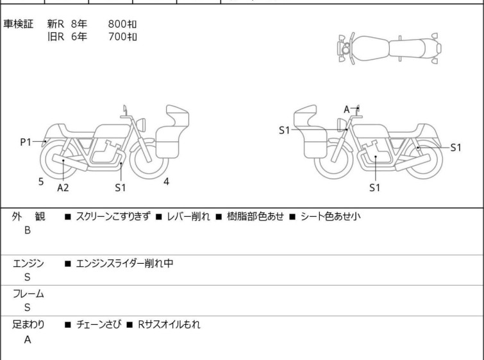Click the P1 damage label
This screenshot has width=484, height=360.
pyautogui.click(x=26, y=142)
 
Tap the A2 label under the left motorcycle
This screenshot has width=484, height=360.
pyautogui.click(x=63, y=187)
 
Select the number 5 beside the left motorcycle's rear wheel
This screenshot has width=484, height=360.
pyautogui.click(x=41, y=182)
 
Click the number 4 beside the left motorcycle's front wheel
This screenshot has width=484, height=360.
pyautogui.click(x=167, y=182)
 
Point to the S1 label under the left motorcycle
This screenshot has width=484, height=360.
pyautogui.click(x=121, y=187)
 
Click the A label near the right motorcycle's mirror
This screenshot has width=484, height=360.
pyautogui.click(x=347, y=109)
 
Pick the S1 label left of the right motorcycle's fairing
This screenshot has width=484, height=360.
pyautogui.click(x=284, y=130)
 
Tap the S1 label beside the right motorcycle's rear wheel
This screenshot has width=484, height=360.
pyautogui.click(x=456, y=148)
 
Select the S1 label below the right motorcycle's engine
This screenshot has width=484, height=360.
pyautogui.click(x=375, y=187)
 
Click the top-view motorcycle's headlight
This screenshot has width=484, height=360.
pyautogui.click(x=346, y=49)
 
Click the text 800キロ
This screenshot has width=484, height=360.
pyautogui.click(x=122, y=24)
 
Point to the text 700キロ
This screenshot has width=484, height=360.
pyautogui.click(x=122, y=37)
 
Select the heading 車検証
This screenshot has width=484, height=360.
pyautogui.click(x=18, y=24)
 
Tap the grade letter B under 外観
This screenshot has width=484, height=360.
pyautogui.click(x=28, y=230)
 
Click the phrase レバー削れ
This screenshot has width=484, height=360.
pyautogui.click(x=188, y=216)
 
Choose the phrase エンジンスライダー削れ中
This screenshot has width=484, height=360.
pyautogui.click(x=124, y=263)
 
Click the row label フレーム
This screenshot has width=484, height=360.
pyautogui.click(x=28, y=293)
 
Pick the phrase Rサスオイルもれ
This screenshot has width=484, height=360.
pyautogui.click(x=169, y=325)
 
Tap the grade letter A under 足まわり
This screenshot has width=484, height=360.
pyautogui.click(x=28, y=339)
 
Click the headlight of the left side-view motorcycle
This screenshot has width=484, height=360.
pyautogui.click(x=141, y=124)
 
